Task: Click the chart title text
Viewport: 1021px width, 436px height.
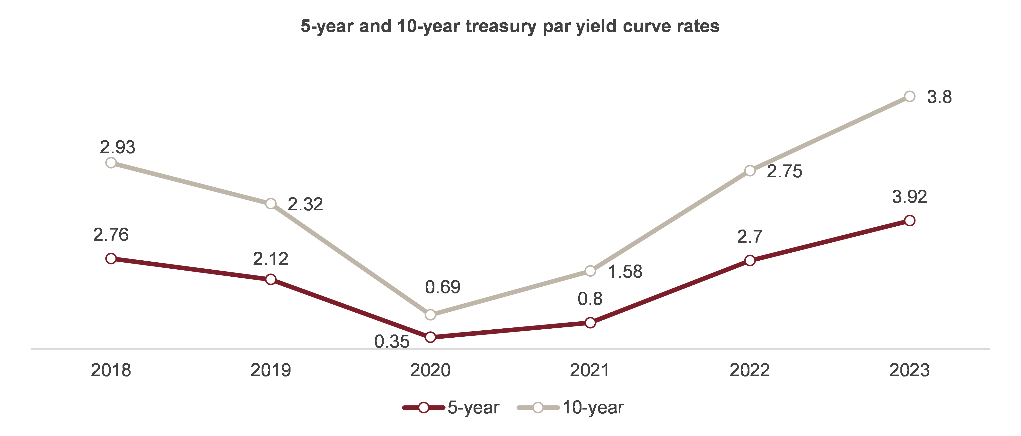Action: coord(510,26)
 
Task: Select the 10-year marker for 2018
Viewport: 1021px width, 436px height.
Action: coord(111,163)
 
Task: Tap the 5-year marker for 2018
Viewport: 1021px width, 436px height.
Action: coord(111,259)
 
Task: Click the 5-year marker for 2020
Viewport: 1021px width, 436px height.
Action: coord(431,337)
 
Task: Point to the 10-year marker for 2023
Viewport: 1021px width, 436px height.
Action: coord(910,96)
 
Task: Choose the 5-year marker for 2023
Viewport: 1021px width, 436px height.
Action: coord(910,221)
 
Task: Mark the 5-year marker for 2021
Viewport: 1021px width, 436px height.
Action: coord(590,323)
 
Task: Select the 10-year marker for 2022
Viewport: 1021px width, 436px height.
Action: coord(750,171)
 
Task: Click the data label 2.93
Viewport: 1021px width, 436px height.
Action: coord(117,147)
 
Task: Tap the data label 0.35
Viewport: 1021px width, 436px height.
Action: coord(392,341)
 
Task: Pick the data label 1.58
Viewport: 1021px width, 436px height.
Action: coord(625,272)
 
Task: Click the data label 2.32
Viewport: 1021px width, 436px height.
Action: coord(305,204)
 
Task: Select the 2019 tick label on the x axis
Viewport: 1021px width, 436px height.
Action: coord(271,370)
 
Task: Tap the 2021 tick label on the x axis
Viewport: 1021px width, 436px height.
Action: coord(590,370)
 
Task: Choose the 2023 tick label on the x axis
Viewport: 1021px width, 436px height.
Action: coord(909,370)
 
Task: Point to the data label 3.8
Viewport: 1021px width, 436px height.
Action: coord(939,97)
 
